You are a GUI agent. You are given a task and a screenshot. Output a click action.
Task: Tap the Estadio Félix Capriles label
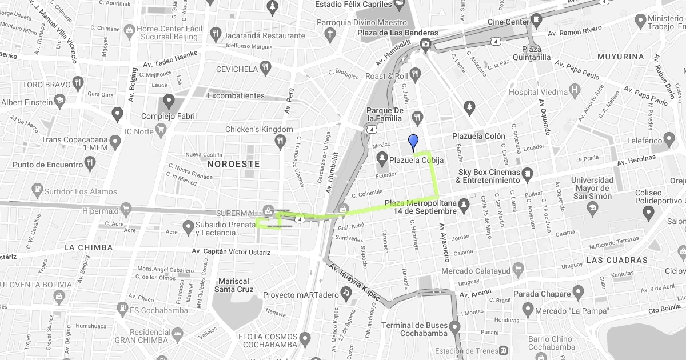[x=352, y=5]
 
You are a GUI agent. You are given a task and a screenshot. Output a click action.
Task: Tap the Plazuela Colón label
[x=478, y=136]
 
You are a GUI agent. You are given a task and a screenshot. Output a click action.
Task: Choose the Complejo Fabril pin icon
[x=168, y=102]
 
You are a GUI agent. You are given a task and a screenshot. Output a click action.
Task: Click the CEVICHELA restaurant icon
[x=265, y=69]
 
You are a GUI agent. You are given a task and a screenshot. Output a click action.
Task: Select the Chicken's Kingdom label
[x=259, y=129]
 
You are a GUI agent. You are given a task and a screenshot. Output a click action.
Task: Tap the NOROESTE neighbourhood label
[x=233, y=164]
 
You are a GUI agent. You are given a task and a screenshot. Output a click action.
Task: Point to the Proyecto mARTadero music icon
[x=345, y=294]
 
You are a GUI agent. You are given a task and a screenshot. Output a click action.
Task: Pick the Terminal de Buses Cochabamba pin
[x=454, y=327]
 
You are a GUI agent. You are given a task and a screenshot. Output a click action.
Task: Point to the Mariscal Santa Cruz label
[x=234, y=285]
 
